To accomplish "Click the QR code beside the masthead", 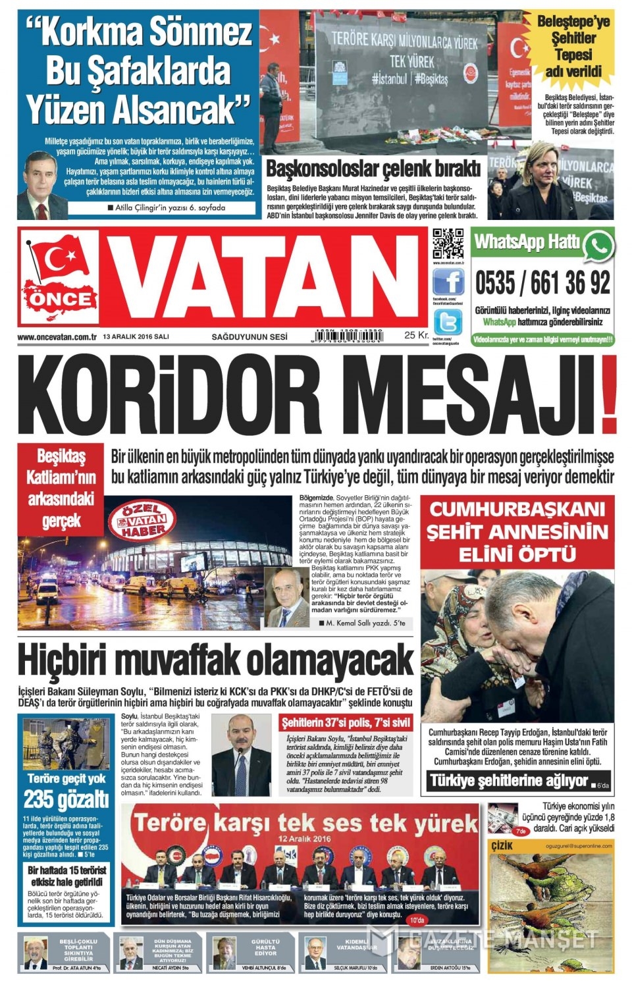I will pyautogui.click(x=448, y=244).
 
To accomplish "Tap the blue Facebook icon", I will pyautogui.click(x=448, y=282).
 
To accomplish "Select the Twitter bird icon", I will pyautogui.click(x=448, y=322).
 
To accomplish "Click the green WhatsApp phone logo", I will pyautogui.click(x=598, y=245).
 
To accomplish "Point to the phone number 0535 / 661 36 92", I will pyautogui.click(x=542, y=284).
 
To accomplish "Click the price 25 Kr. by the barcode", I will pyautogui.click(x=415, y=335).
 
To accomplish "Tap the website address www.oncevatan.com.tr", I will pyautogui.click(x=57, y=337).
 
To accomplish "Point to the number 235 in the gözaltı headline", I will pyautogui.click(x=39, y=799).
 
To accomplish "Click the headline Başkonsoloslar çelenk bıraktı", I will pyautogui.click(x=373, y=169).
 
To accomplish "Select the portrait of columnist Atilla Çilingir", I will pyautogui.click(x=42, y=184).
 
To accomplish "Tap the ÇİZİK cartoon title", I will pyautogui.click(x=502, y=845).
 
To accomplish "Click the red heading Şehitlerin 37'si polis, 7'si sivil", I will pyautogui.click(x=346, y=722).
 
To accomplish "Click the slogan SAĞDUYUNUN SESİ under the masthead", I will pyautogui.click(x=250, y=337).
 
